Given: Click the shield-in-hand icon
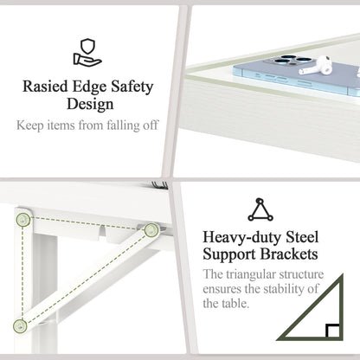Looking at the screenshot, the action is click(x=87, y=53).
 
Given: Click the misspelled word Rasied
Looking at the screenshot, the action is click(x=45, y=86).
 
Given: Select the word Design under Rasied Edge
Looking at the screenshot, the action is click(x=90, y=104).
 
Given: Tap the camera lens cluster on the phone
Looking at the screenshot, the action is click(x=292, y=60).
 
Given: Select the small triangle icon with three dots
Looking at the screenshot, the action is click(x=260, y=209).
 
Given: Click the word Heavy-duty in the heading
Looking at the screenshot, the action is click(x=241, y=238).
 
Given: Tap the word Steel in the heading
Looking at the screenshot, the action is click(x=302, y=237).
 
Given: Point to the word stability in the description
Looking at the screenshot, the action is click(x=284, y=289).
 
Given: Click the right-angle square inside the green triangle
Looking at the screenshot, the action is click(x=332, y=331).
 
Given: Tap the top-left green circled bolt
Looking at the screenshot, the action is click(x=23, y=220).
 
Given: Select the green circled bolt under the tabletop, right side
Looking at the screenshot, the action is click(x=151, y=230).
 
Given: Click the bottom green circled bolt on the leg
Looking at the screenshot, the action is click(x=20, y=326).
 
